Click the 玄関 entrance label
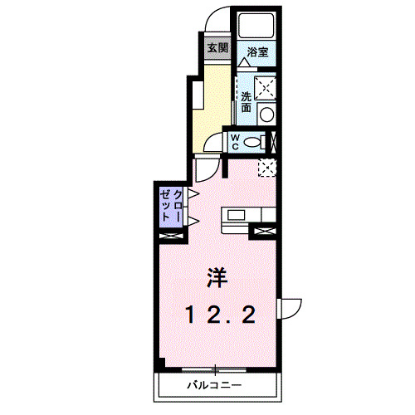point(217,47)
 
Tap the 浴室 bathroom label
point(257,51)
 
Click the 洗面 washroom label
point(247,100)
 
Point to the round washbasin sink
point(267,114)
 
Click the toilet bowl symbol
point(257,140)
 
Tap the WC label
point(235,140)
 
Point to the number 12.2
point(219,314)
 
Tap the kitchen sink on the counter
point(237,217)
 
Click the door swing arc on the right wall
point(290,308)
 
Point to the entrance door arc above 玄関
point(217,23)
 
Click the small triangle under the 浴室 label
point(246,62)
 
